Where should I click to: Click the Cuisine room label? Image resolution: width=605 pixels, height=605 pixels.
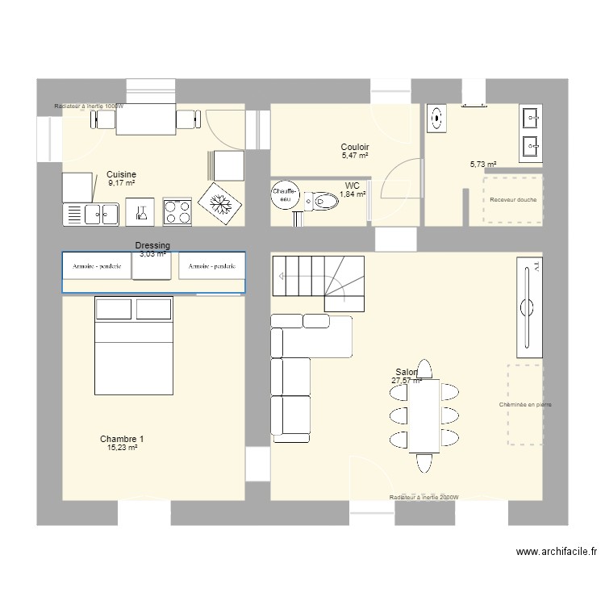click(x=121, y=174)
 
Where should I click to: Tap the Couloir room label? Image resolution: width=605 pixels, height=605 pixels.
click(x=355, y=148)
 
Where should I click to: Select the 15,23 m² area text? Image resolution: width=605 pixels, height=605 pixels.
click(x=121, y=448)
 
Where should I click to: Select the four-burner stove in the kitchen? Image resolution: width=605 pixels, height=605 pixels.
click(x=177, y=212)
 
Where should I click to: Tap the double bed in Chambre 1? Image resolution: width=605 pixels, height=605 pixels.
click(x=135, y=346)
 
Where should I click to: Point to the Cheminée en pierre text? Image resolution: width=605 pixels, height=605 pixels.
click(x=525, y=405)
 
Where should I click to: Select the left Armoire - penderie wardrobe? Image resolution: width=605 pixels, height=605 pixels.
click(x=97, y=265)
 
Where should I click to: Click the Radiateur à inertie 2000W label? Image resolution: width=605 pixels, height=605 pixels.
click(x=423, y=499)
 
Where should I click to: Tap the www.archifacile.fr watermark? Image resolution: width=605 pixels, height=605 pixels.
click(x=556, y=553)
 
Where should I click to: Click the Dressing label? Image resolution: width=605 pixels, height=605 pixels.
click(x=152, y=245)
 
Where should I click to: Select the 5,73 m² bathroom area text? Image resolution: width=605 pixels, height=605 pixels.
click(x=482, y=164)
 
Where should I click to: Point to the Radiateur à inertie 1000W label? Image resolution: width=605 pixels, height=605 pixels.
click(x=90, y=106)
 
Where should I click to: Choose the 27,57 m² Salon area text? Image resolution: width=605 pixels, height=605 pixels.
click(x=407, y=381)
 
